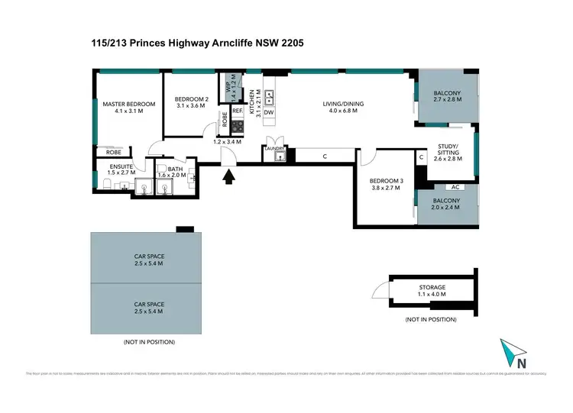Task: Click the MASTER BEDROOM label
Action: pyautogui.click(x=128, y=104)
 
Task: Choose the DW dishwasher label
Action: pyautogui.click(x=269, y=112)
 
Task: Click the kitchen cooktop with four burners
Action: pyautogui.click(x=237, y=127)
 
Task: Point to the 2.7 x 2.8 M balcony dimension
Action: pyautogui.click(x=448, y=99)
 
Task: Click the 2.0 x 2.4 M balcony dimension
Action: pyautogui.click(x=448, y=207)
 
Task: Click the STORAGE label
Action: pyautogui.click(x=432, y=287)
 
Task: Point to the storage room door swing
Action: pyautogui.click(x=380, y=290)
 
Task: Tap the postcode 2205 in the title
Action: pyautogui.click(x=291, y=44)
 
